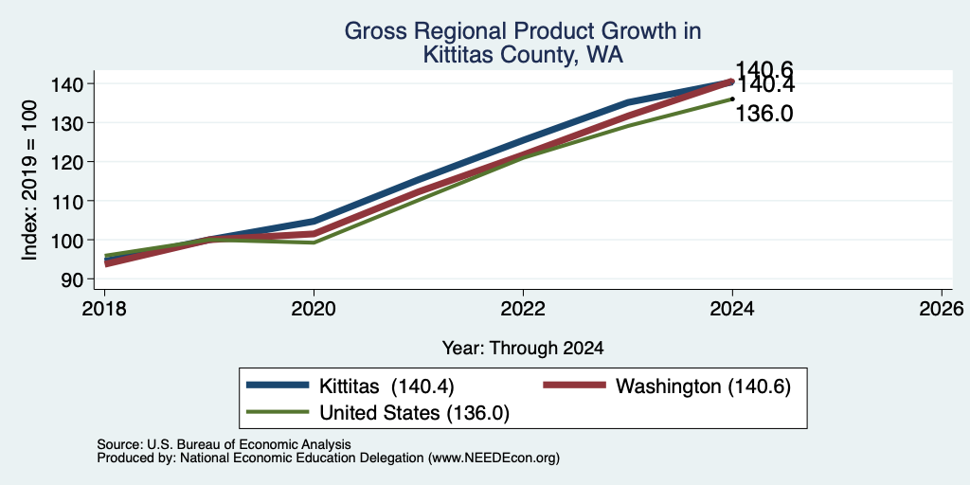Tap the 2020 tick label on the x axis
pyautogui.click(x=314, y=308)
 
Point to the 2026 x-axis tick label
pyautogui.click(x=942, y=308)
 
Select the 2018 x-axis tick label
pyautogui.click(x=104, y=308)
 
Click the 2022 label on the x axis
pyautogui.click(x=523, y=308)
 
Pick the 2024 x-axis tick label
pyautogui.click(x=732, y=308)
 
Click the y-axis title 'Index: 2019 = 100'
pyautogui.click(x=29, y=181)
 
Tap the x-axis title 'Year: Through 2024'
pyautogui.click(x=523, y=349)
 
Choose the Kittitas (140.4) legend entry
pyautogui.click(x=350, y=386)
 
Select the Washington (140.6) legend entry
pyautogui.click(x=667, y=386)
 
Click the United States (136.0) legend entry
pyautogui.click(x=377, y=413)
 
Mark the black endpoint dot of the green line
pyautogui.click(x=732, y=99)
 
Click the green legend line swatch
pyautogui.click(x=278, y=412)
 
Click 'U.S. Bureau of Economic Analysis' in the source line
pyautogui.click(x=249, y=444)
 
